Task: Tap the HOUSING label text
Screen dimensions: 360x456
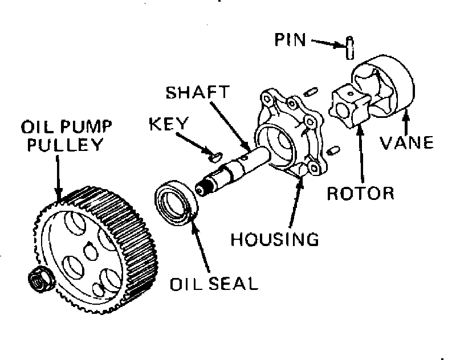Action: click(x=274, y=238)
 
